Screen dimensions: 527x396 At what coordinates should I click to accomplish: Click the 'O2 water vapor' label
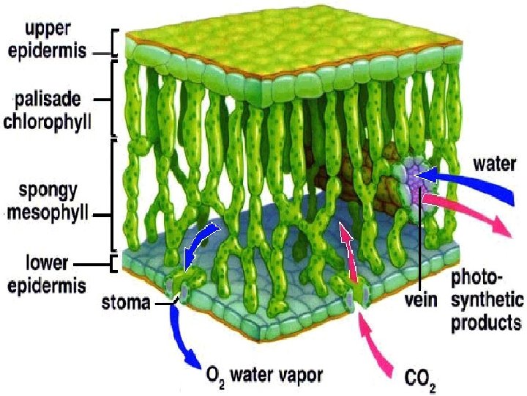263,375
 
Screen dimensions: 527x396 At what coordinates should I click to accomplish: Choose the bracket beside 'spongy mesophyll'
114,195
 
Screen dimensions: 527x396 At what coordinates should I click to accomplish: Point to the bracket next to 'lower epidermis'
114,262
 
